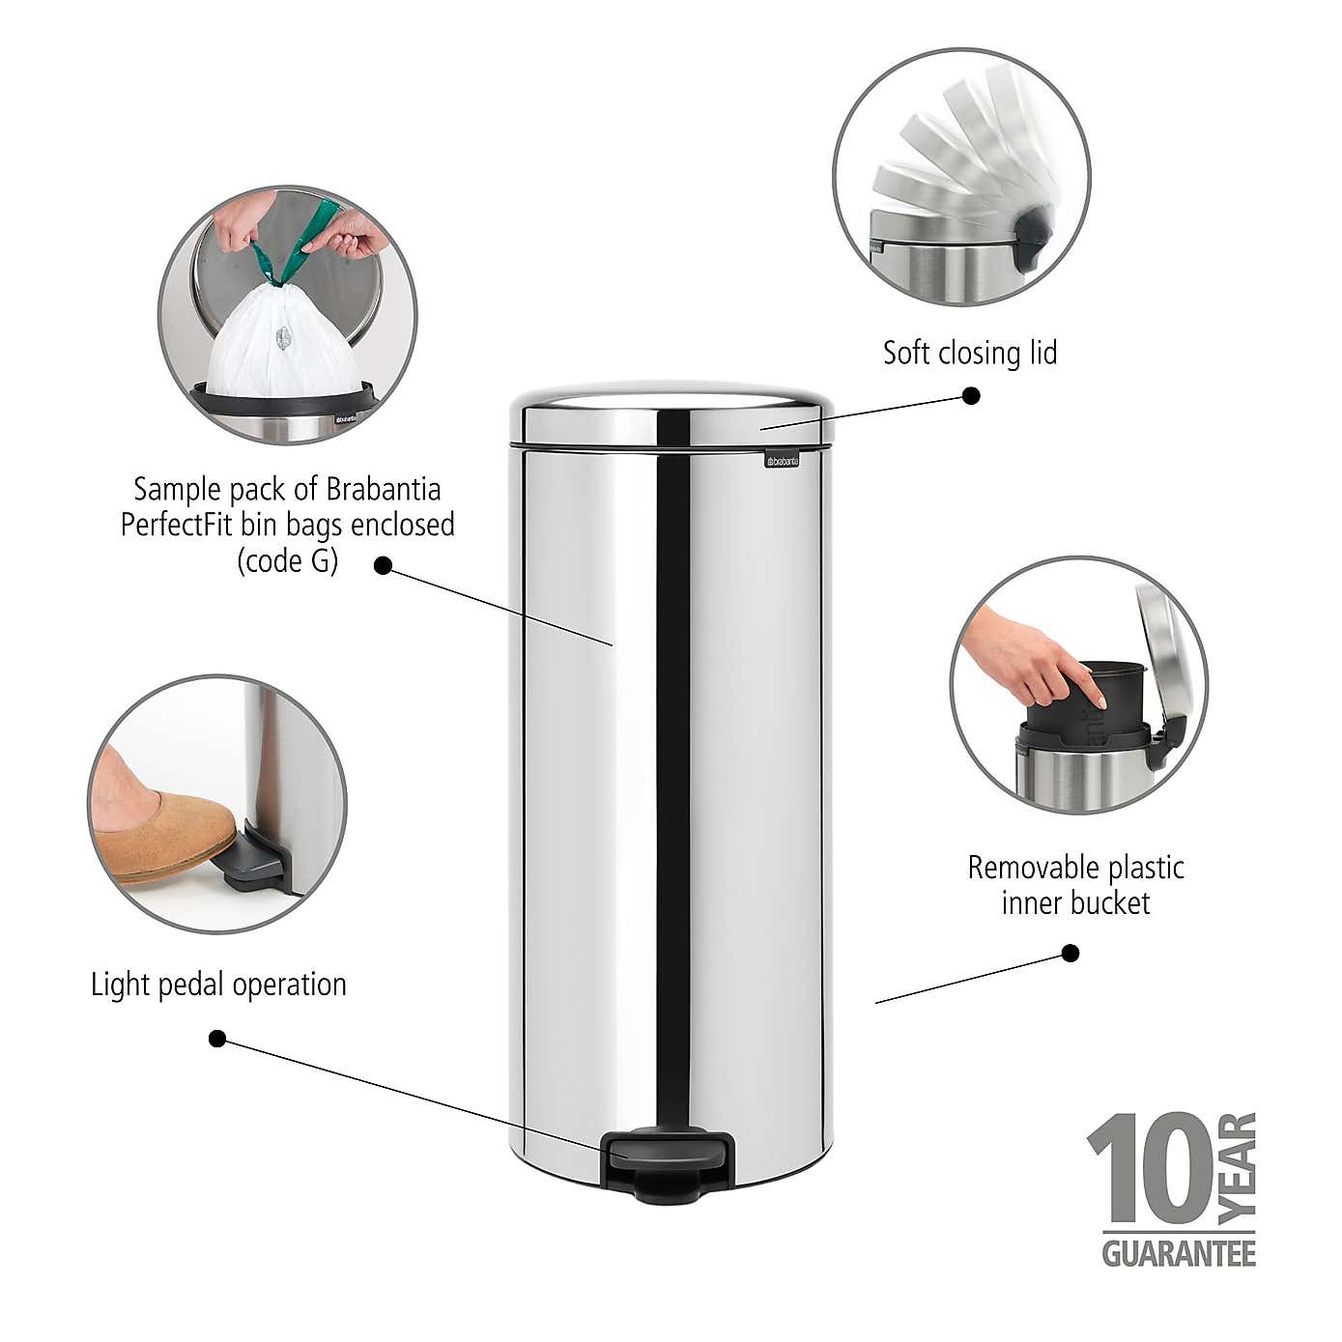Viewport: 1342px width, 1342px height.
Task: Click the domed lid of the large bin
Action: click(x=671, y=411)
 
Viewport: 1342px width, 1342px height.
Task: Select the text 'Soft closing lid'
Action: click(x=969, y=353)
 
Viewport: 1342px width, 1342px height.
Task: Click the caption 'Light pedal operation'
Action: click(x=218, y=985)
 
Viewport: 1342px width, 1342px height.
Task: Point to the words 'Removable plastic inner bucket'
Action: click(x=1075, y=885)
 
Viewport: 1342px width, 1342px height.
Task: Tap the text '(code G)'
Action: click(x=288, y=560)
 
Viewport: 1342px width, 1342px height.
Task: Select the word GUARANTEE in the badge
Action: click(x=1179, y=1253)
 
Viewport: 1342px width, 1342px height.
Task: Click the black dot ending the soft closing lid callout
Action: click(x=972, y=395)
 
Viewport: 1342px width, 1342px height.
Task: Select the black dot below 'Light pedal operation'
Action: click(x=217, y=1039)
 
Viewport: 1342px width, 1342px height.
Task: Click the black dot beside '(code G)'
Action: click(x=383, y=566)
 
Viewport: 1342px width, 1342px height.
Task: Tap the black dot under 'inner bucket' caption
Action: click(x=1070, y=954)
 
